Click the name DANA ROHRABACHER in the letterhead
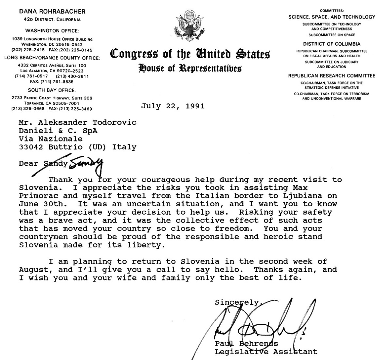click(52, 11)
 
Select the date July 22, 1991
click(173, 106)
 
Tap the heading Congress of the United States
click(190, 54)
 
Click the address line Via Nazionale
click(50, 139)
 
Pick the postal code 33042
click(31, 147)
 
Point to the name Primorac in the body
click(35, 196)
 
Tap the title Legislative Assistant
click(266, 352)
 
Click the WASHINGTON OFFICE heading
click(52, 31)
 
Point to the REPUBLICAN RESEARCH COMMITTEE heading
click(332, 76)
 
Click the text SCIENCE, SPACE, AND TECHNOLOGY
click(332, 17)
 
